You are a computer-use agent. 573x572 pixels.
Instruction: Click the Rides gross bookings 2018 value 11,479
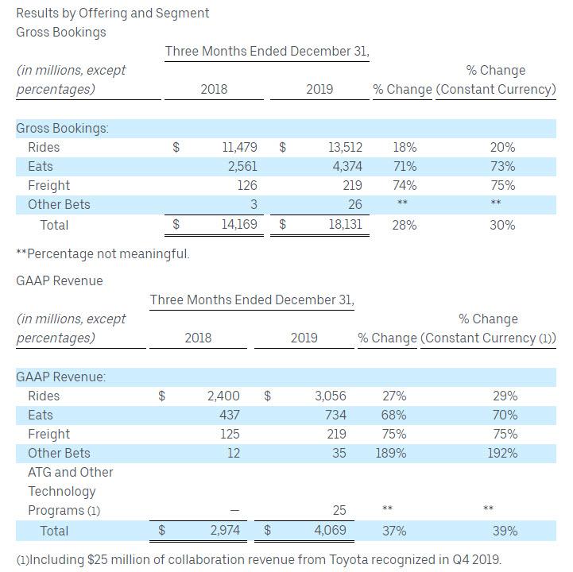[x=240, y=147]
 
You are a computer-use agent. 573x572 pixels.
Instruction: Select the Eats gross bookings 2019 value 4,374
[x=345, y=166]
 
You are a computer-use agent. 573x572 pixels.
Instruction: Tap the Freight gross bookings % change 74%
[x=405, y=185]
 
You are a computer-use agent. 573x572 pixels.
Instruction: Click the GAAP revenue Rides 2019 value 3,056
[x=329, y=396]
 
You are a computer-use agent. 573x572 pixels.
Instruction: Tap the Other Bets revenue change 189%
[x=390, y=453]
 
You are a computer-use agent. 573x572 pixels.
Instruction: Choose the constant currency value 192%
[x=502, y=453]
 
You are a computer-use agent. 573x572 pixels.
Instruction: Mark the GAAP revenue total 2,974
[x=223, y=531]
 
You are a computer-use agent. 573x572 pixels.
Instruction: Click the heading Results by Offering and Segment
[x=113, y=13]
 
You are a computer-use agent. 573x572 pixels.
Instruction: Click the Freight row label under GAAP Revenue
[x=49, y=434]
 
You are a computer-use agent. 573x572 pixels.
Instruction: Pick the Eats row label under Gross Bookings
[x=41, y=166]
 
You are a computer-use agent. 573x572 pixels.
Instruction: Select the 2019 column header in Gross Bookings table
[x=319, y=89]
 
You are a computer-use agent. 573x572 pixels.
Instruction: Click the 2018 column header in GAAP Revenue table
[x=198, y=338]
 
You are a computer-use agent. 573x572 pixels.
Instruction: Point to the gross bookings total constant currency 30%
[x=502, y=225]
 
